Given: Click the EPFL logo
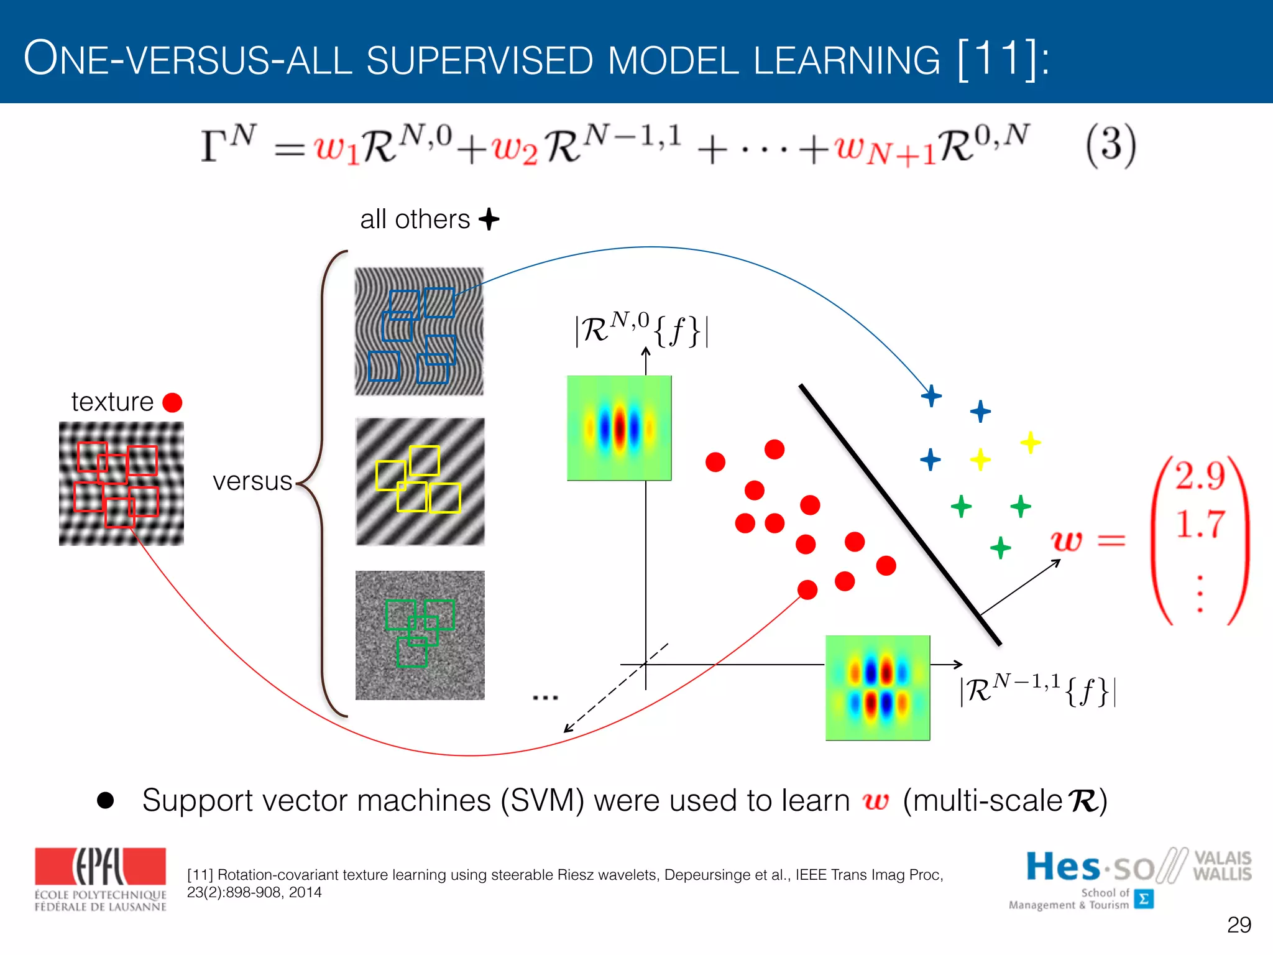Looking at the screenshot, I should point(100,878).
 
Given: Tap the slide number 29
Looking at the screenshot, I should point(1239,925).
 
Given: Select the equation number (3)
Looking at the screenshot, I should point(1111,145).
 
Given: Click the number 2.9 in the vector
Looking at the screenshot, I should point(1200,476).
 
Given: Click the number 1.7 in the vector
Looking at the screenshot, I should point(1200,524).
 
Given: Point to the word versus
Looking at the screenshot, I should point(252,481).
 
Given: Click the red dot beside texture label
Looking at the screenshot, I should point(172,402).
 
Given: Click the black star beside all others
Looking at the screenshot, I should point(489,219).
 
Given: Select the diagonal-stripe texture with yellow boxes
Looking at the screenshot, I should point(420,481).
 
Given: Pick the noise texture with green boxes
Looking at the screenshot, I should point(420,635).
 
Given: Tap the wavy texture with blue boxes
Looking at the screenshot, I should point(419,331).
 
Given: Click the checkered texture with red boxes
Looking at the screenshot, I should point(121,483).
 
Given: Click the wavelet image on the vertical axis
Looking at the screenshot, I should point(619,428).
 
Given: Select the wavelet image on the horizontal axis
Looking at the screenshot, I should point(878,688).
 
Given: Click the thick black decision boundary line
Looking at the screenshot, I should point(899,515).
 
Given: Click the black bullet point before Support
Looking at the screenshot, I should point(106,800).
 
